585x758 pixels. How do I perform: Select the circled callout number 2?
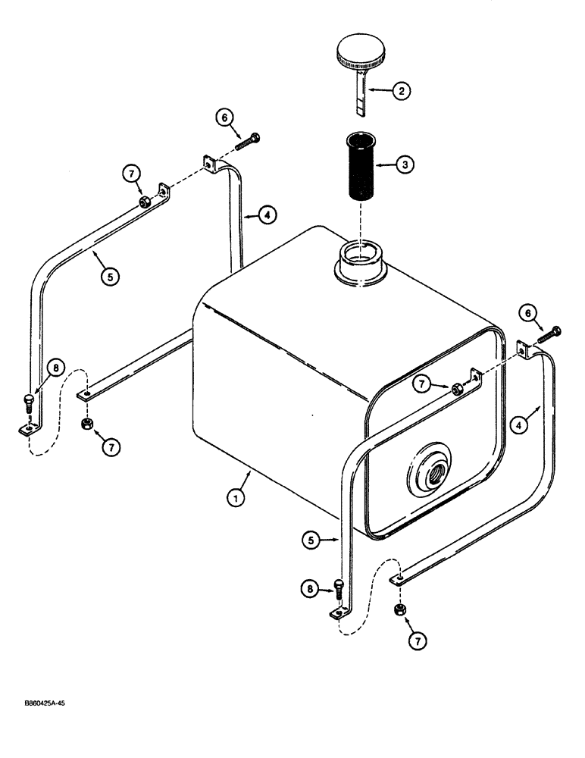(x=402, y=91)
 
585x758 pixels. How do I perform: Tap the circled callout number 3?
(x=405, y=164)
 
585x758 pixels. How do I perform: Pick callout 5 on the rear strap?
(x=110, y=277)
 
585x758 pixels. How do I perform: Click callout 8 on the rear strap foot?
(x=54, y=368)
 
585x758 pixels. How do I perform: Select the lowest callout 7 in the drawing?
(x=415, y=641)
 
